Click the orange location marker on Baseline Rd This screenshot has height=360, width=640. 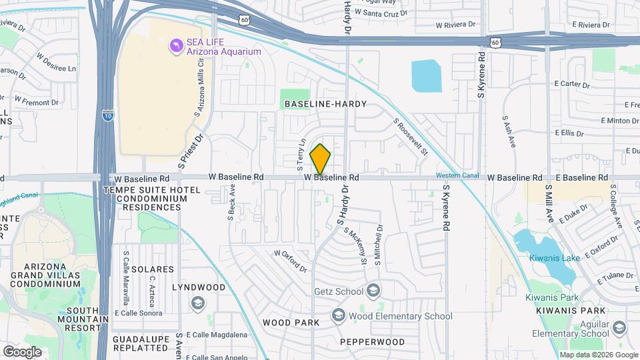click(321, 159)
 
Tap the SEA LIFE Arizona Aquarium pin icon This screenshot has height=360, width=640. click(176, 45)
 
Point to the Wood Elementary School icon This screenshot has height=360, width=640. click(339, 315)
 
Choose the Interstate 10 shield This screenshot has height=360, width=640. click(108, 115)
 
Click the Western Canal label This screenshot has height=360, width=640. click(457, 175)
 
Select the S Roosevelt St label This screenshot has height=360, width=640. click(410, 137)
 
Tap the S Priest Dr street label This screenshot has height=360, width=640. click(190, 150)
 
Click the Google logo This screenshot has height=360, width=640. click(22, 351)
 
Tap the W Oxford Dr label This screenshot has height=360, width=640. click(290, 261)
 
